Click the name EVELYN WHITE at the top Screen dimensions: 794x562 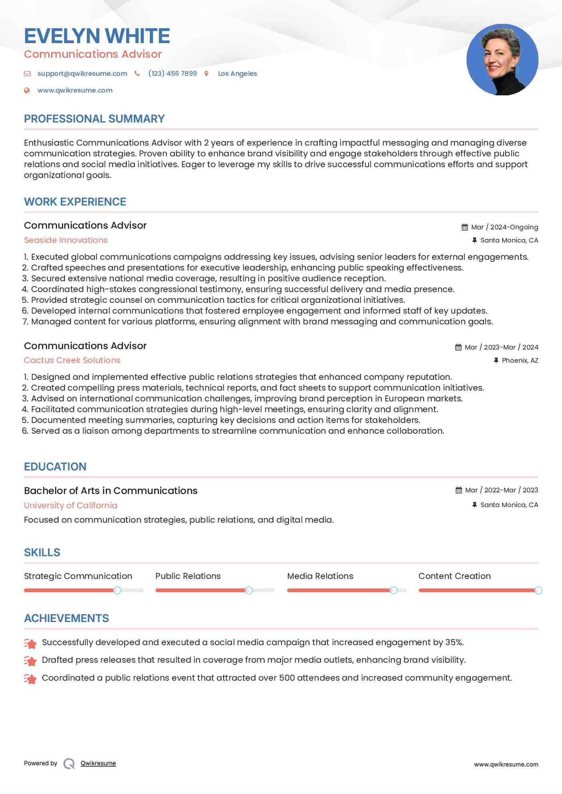[97, 36]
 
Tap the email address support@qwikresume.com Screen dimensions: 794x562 [82, 73]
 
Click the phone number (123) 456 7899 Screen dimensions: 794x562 [173, 73]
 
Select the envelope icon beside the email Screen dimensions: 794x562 [27, 73]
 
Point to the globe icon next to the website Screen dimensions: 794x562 [27, 90]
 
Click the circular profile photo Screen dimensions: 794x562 [502, 60]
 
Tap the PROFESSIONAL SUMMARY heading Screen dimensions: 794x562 [94, 119]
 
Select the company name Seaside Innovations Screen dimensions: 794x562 [66, 240]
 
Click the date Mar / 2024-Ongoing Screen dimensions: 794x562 [504, 227]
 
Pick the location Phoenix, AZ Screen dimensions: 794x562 [520, 360]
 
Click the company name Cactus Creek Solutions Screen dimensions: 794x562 [72, 360]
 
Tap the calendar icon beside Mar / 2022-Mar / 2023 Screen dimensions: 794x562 [459, 490]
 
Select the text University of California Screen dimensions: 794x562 [70, 505]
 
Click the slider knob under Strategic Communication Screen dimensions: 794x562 [117, 590]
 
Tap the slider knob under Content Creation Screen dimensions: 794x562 [538, 590]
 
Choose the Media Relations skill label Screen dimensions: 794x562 [320, 576]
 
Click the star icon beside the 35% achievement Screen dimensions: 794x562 [30, 643]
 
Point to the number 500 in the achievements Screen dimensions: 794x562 [287, 677]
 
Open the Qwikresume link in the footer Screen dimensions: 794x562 [98, 763]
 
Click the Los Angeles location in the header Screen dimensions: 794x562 [237, 73]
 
